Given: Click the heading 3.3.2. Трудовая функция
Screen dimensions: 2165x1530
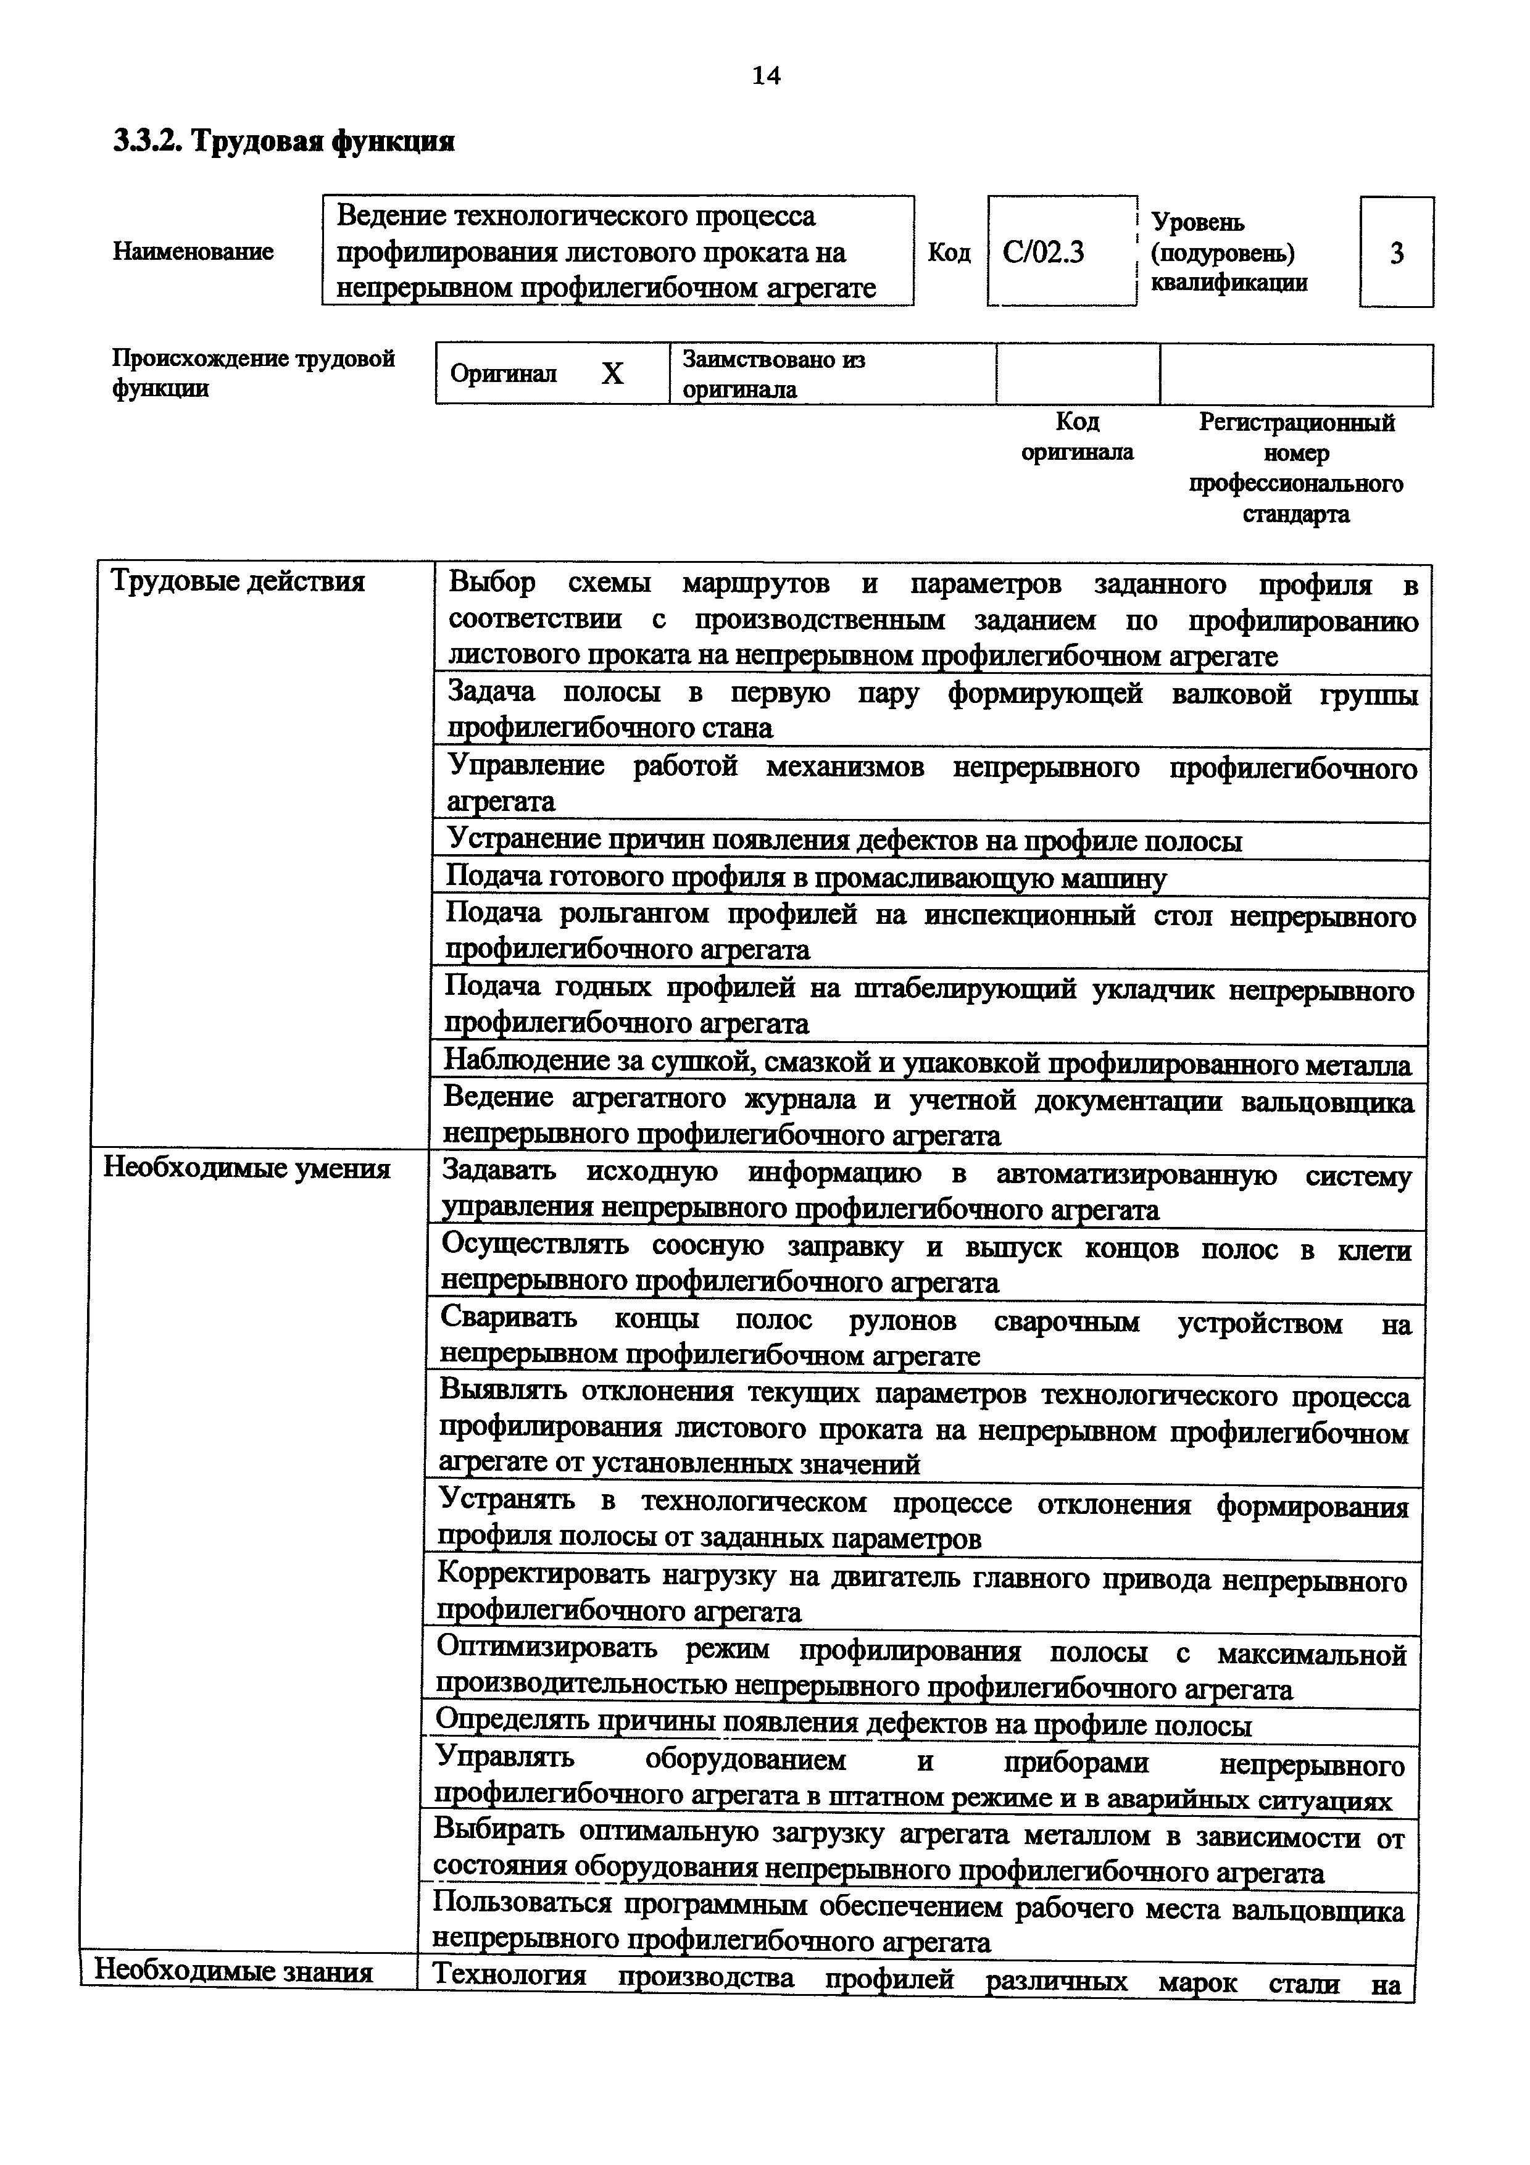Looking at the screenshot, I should (284, 141).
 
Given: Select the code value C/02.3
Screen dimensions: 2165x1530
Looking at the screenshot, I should (1044, 252).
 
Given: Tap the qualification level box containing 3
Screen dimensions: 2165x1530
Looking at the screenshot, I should (1396, 252).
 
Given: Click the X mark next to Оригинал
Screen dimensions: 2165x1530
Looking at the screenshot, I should (613, 375).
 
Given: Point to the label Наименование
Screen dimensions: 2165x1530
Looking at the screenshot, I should (193, 252).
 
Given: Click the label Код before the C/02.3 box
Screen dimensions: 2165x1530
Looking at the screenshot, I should (949, 252).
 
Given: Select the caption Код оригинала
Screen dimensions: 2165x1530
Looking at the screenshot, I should (1078, 436).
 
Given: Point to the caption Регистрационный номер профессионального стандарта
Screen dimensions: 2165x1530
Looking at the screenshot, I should (1296, 468).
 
